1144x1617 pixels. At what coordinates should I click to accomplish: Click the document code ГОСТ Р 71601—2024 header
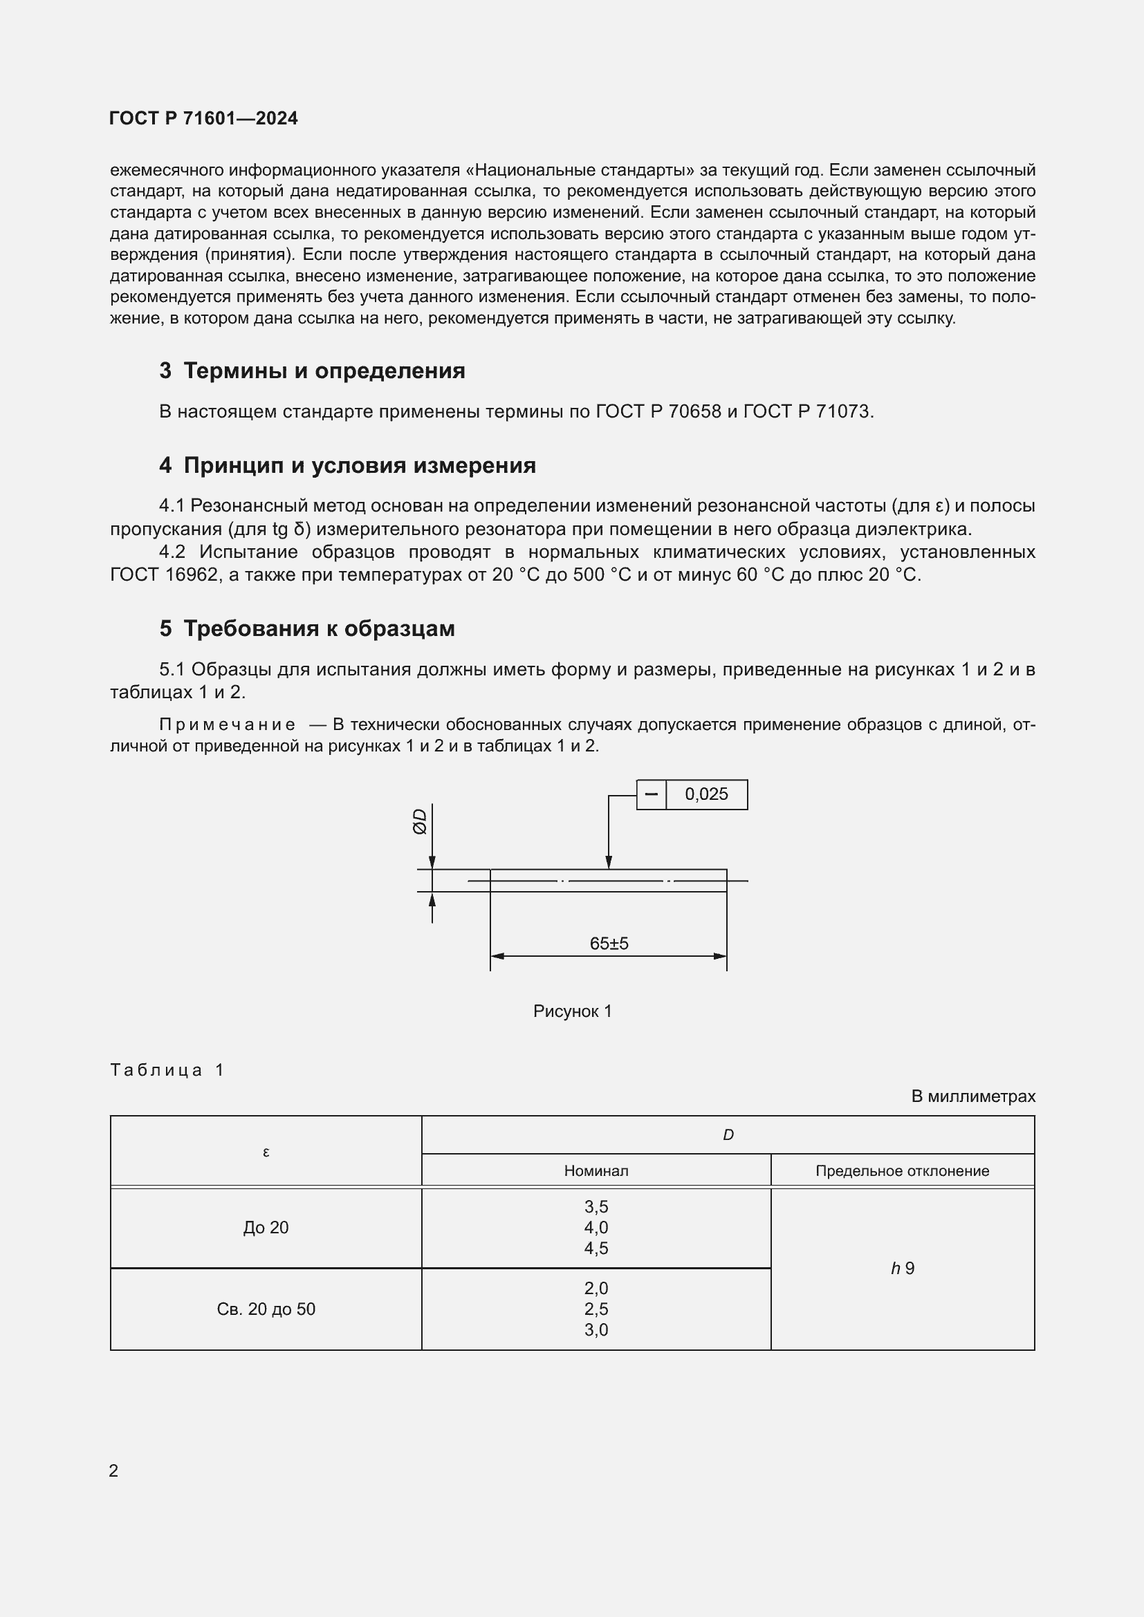tap(203, 118)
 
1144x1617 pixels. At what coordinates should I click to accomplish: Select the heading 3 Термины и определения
tap(312, 371)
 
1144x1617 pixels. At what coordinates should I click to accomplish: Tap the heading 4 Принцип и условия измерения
tap(347, 465)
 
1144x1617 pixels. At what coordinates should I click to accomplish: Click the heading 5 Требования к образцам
tap(307, 628)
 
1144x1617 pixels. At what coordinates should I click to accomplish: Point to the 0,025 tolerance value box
tap(706, 794)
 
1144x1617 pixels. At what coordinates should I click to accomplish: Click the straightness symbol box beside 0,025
tap(651, 794)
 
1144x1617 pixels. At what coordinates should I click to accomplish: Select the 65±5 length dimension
tap(609, 943)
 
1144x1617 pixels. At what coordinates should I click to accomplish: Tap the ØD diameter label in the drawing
tap(420, 821)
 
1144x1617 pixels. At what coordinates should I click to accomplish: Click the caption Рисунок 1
tap(572, 1011)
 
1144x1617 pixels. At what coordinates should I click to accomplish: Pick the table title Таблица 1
tap(167, 1069)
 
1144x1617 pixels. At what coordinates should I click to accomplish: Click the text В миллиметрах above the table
tap(973, 1096)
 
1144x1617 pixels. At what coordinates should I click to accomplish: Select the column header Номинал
tap(596, 1170)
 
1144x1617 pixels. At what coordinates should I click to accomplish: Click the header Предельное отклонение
tap(902, 1170)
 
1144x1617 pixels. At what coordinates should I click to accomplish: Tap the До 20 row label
tap(266, 1228)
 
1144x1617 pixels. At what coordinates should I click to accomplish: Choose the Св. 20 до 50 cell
tap(266, 1309)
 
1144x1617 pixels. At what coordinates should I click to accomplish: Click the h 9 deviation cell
tap(902, 1269)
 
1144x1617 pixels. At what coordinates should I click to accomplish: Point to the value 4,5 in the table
tap(596, 1248)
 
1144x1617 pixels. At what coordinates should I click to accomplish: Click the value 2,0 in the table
tap(596, 1288)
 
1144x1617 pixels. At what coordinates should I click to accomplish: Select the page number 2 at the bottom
tap(114, 1470)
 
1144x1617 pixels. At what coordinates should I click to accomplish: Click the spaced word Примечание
tap(227, 725)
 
